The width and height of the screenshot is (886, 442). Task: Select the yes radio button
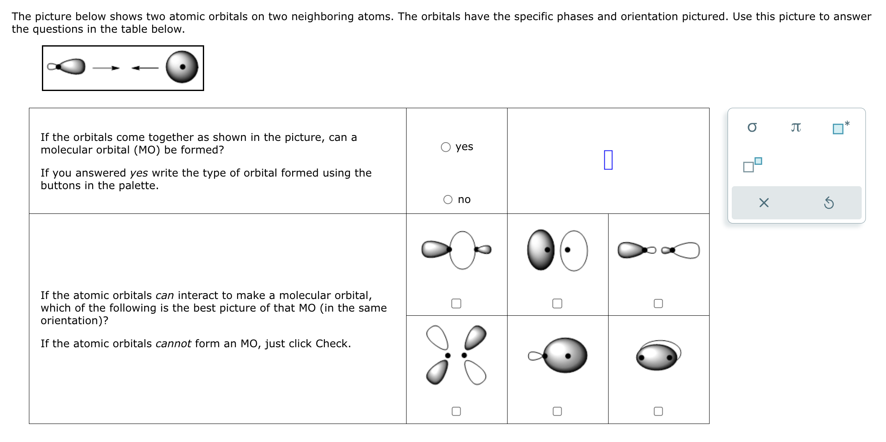tap(446, 147)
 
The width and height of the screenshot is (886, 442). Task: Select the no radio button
tap(448, 200)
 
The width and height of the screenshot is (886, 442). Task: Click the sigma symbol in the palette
tap(752, 127)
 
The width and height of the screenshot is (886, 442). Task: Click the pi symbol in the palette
tap(795, 127)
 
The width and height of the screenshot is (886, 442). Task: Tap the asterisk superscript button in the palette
tap(840, 127)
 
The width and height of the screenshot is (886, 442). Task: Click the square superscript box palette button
tap(752, 165)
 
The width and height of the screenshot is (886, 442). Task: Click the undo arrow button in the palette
tap(828, 203)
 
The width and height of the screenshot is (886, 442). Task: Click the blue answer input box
tap(608, 160)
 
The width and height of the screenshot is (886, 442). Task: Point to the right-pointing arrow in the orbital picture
tap(106, 68)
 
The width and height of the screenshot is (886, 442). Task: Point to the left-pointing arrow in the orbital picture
tap(145, 68)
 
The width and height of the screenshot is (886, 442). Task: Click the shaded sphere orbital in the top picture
tap(181, 67)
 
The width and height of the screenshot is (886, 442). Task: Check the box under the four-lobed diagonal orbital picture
tap(456, 411)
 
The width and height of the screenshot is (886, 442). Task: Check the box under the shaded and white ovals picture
tap(557, 304)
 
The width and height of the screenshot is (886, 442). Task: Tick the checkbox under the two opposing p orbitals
tap(658, 304)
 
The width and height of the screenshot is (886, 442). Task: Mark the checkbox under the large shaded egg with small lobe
tap(557, 411)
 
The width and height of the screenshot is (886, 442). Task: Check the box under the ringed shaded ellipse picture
tap(658, 411)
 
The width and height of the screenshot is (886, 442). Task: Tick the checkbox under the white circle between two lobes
tap(456, 304)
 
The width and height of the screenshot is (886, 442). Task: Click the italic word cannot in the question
tap(173, 344)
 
